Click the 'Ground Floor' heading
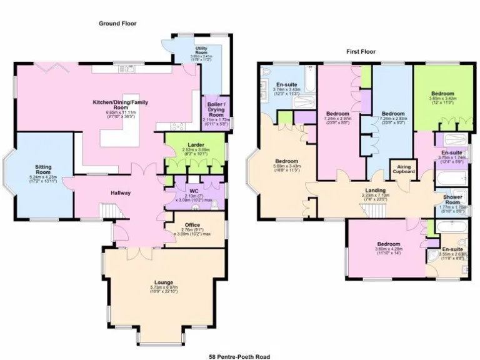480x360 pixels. click(117, 24)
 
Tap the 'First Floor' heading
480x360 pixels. click(361, 52)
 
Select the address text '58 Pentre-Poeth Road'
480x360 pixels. click(240, 356)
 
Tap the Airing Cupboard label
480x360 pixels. click(402, 169)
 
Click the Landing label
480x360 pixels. click(375, 190)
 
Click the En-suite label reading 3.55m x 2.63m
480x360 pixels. click(453, 250)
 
